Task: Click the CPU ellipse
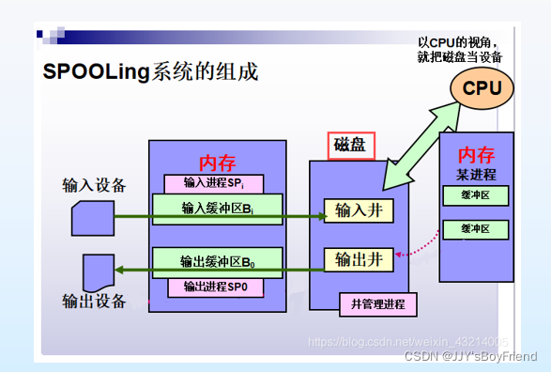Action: [x=483, y=88]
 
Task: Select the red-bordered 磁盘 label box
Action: [x=352, y=146]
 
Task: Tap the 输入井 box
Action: [x=352, y=209]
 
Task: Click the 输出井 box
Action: [x=352, y=256]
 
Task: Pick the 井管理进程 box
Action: [x=377, y=304]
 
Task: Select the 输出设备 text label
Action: [x=94, y=301]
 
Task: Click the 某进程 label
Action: [x=477, y=175]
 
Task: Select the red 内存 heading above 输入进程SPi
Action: [x=218, y=162]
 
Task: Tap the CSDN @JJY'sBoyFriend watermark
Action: [x=469, y=356]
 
